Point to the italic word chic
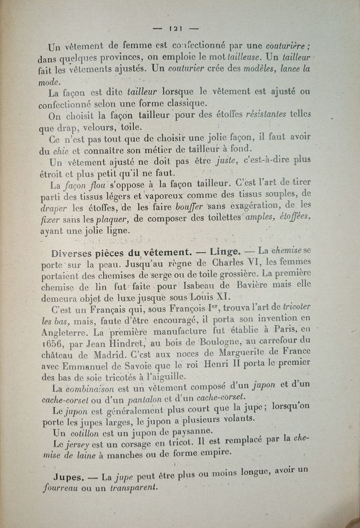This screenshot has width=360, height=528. coord(60,151)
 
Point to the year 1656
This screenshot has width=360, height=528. coord(51,343)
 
